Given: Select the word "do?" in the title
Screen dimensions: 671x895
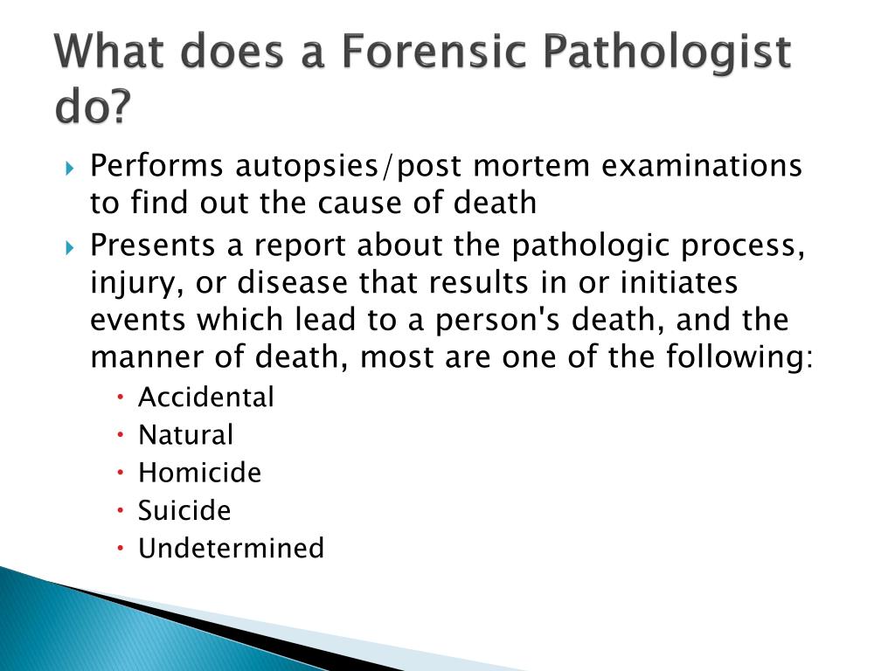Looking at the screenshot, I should point(92,108).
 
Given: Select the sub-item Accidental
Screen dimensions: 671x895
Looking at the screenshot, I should point(206,397).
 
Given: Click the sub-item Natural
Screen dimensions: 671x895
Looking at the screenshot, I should point(186,434).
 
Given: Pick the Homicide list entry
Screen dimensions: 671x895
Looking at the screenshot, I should point(199,473).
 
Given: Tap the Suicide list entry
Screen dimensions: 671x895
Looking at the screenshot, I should point(184,510).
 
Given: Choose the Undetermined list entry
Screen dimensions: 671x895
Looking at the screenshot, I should point(231,548).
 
